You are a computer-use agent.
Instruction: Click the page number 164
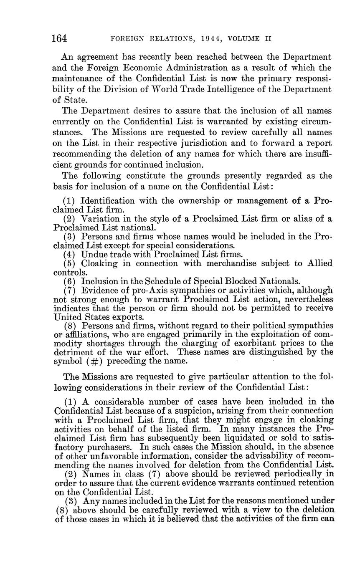59,38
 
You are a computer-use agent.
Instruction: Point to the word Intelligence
237,89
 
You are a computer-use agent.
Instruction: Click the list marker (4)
71,254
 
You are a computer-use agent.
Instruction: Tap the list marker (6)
71,281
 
